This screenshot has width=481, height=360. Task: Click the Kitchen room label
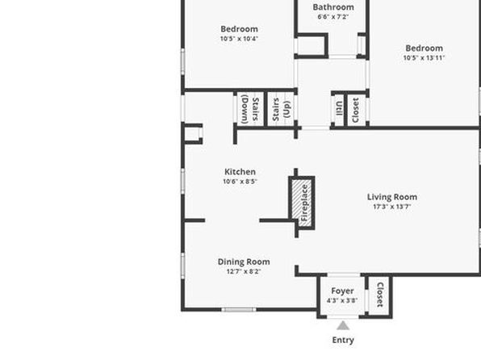(240, 172)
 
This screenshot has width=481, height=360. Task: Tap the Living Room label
(392, 197)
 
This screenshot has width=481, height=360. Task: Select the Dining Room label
(244, 262)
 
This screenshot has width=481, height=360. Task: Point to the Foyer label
(342, 291)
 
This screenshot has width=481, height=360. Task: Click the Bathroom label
(333, 7)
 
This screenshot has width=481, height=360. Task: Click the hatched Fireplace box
(302, 203)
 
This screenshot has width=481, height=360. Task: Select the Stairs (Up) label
(281, 109)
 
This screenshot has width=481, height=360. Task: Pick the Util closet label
(339, 109)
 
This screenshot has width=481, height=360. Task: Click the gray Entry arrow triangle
(343, 325)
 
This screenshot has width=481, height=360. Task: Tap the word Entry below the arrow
(343, 340)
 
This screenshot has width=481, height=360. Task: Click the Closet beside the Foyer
(380, 295)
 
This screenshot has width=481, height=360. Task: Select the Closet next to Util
(356, 110)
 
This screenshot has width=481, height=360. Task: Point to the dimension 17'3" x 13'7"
(392, 207)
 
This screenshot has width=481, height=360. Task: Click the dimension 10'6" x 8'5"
(240, 182)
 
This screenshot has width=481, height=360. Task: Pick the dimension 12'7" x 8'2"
(244, 271)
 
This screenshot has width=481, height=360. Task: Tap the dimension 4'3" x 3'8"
(342, 300)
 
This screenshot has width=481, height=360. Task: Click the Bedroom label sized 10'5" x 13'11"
(424, 48)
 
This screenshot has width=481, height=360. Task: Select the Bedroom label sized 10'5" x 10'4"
(239, 29)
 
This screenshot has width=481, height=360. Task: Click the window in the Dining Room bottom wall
(239, 310)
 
